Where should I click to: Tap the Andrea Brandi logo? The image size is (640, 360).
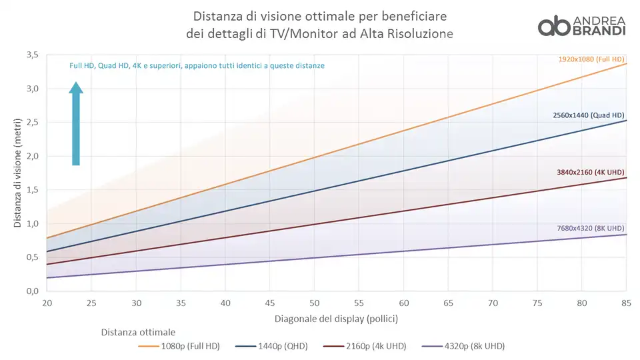click(x=581, y=25)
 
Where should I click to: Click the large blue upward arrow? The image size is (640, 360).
click(x=76, y=124)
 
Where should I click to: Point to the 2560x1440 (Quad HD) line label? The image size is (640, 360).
click(x=589, y=115)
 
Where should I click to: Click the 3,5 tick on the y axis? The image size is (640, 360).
click(x=32, y=55)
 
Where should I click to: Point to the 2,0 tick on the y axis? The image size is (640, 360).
click(x=32, y=156)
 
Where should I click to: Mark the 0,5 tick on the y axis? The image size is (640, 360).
click(x=32, y=257)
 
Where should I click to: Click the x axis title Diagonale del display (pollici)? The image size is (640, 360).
click(x=336, y=319)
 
